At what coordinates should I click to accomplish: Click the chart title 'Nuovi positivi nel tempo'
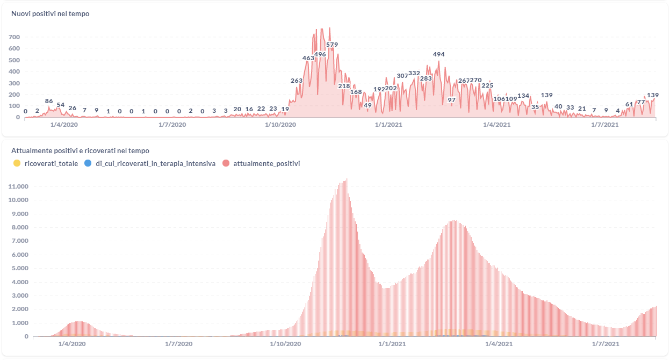pyautogui.click(x=51, y=14)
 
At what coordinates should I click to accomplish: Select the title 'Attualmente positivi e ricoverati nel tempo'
pyautogui.click(x=80, y=151)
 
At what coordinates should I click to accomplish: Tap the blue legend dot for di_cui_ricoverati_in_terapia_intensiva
pyautogui.click(x=88, y=163)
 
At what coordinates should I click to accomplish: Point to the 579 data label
pyautogui.click(x=332, y=45)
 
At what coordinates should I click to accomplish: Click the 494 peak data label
pyautogui.click(x=439, y=54)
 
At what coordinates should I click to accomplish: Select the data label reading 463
pyautogui.click(x=308, y=58)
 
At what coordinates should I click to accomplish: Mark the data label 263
pyautogui.click(x=297, y=81)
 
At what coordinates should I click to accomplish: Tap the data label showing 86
pyautogui.click(x=49, y=101)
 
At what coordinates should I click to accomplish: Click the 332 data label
pyautogui.click(x=414, y=73)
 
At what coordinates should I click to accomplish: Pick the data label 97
pyautogui.click(x=451, y=100)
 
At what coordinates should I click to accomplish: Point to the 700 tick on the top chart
pyautogui.click(x=14, y=37)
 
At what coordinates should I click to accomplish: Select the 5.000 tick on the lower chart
pyautogui.click(x=20, y=268)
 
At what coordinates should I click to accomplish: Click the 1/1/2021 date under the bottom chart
pyautogui.click(x=388, y=343)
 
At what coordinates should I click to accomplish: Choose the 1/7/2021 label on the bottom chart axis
pyautogui.click(x=606, y=343)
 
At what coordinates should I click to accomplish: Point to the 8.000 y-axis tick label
pyautogui.click(x=20, y=227)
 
